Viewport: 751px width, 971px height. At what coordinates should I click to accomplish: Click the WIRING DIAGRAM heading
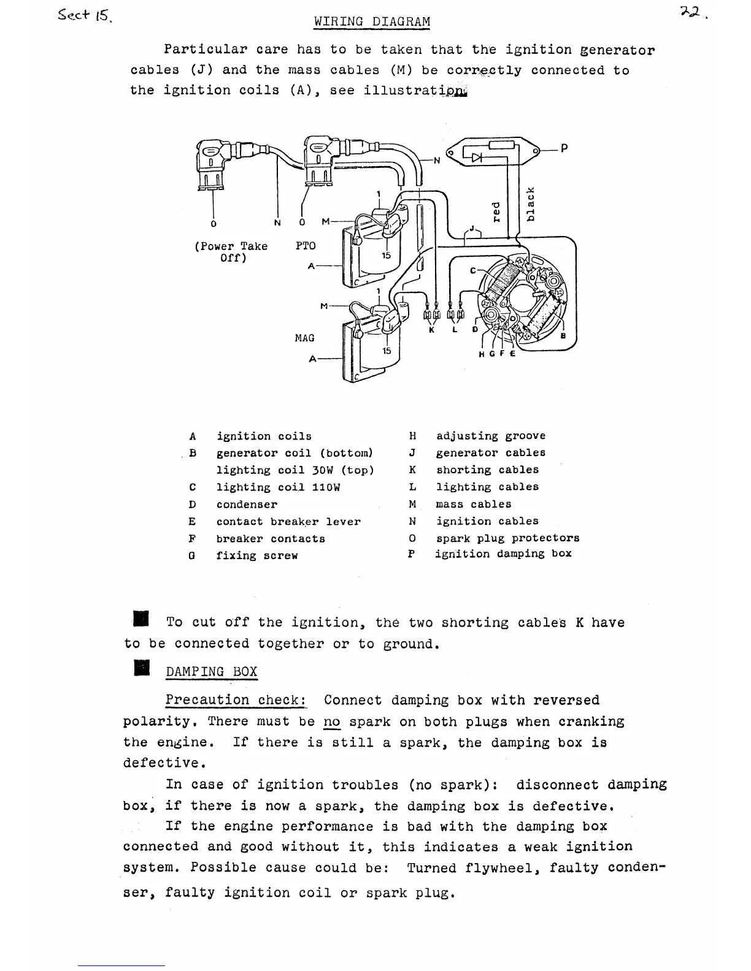[x=372, y=21]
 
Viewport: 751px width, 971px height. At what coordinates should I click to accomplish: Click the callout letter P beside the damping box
[x=564, y=148]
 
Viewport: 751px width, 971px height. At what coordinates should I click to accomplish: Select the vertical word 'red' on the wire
[x=497, y=212]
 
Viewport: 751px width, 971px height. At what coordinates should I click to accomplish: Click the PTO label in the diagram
[x=306, y=246]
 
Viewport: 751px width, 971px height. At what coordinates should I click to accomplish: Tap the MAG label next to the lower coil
[x=304, y=338]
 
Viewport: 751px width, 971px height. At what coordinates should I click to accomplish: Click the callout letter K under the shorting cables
[x=431, y=330]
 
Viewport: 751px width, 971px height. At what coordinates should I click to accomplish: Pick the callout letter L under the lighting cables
[x=455, y=330]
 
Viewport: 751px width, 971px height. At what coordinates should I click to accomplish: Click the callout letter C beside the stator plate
[x=472, y=270]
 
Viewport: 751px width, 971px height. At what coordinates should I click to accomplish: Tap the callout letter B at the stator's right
[x=563, y=336]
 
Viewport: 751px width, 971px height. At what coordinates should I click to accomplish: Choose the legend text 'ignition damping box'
[x=503, y=554]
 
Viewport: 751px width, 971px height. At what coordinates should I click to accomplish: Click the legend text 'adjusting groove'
[x=491, y=436]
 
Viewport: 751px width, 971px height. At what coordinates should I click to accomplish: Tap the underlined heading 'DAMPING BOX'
[x=211, y=671]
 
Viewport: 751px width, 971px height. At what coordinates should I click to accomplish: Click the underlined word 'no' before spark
[x=331, y=722]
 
